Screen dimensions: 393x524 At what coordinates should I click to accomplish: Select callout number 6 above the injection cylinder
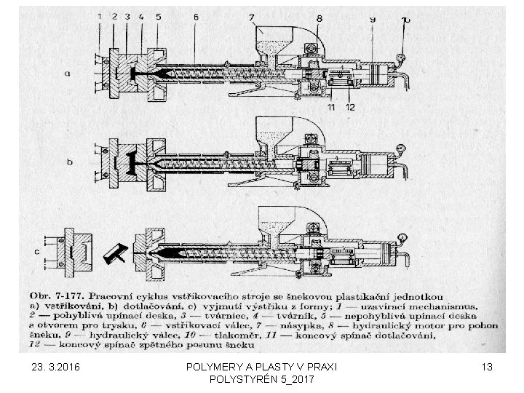(x=196, y=15)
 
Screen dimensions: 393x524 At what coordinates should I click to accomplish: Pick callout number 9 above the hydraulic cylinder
(x=373, y=17)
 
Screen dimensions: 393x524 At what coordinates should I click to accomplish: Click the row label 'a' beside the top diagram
(x=68, y=74)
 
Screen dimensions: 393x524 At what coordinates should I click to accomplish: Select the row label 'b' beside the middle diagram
(x=71, y=162)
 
